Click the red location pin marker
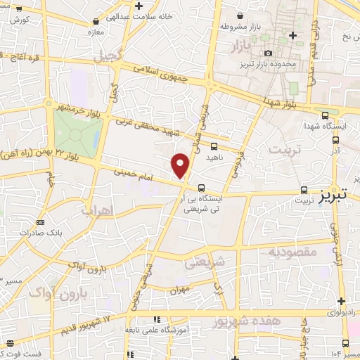pyautogui.click(x=181, y=166)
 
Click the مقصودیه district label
pyautogui.click(x=292, y=250)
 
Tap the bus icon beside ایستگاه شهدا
pyautogui.click(x=324, y=116)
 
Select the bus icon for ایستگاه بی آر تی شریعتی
pyautogui.click(x=202, y=188)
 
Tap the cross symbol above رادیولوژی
pyautogui.click(x=340, y=301)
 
